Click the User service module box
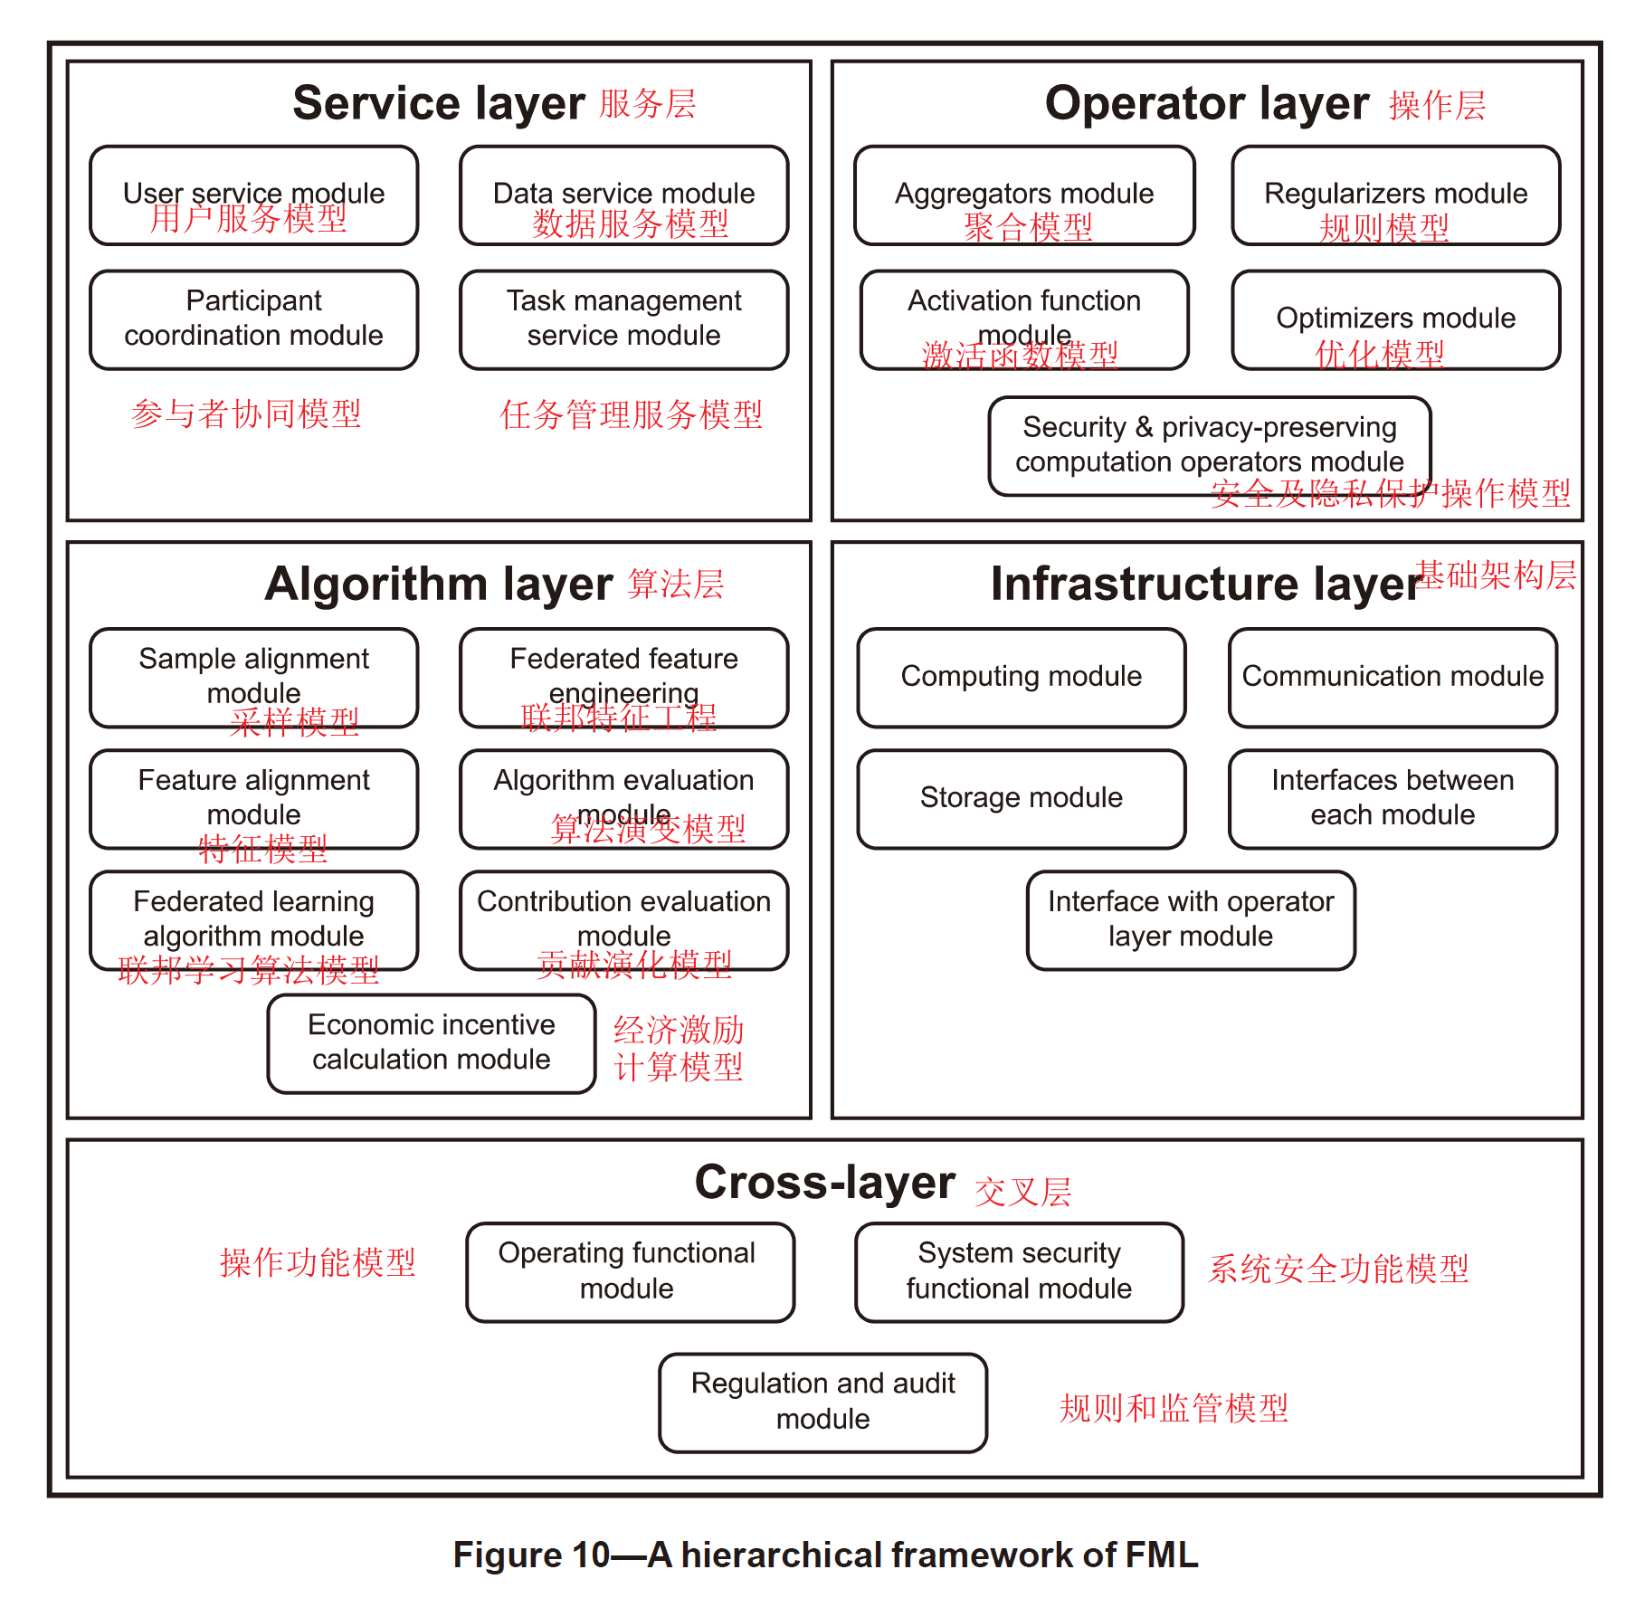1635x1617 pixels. coord(253,195)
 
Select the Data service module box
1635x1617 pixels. coord(623,195)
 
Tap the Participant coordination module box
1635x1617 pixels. coord(253,319)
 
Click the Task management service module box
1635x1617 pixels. coord(623,319)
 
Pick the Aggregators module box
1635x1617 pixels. coord(1023,195)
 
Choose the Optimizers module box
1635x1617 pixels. coord(1395,319)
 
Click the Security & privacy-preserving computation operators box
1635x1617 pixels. coord(1209,445)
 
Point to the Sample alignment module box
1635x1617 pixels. coord(253,677)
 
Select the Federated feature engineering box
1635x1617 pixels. coord(623,677)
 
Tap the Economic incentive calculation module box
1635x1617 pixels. coord(431,1042)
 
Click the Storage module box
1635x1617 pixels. coord(1021,798)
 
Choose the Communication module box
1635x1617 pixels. coord(1392,677)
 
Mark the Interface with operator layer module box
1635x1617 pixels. coord(1190,919)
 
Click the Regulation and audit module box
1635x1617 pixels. coord(822,1402)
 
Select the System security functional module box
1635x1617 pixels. coord(1019,1271)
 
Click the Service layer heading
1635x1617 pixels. coord(439,103)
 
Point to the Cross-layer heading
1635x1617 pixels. coord(824,1183)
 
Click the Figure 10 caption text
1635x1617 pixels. coord(824,1555)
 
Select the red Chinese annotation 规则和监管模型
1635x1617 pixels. coord(1174,1408)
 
